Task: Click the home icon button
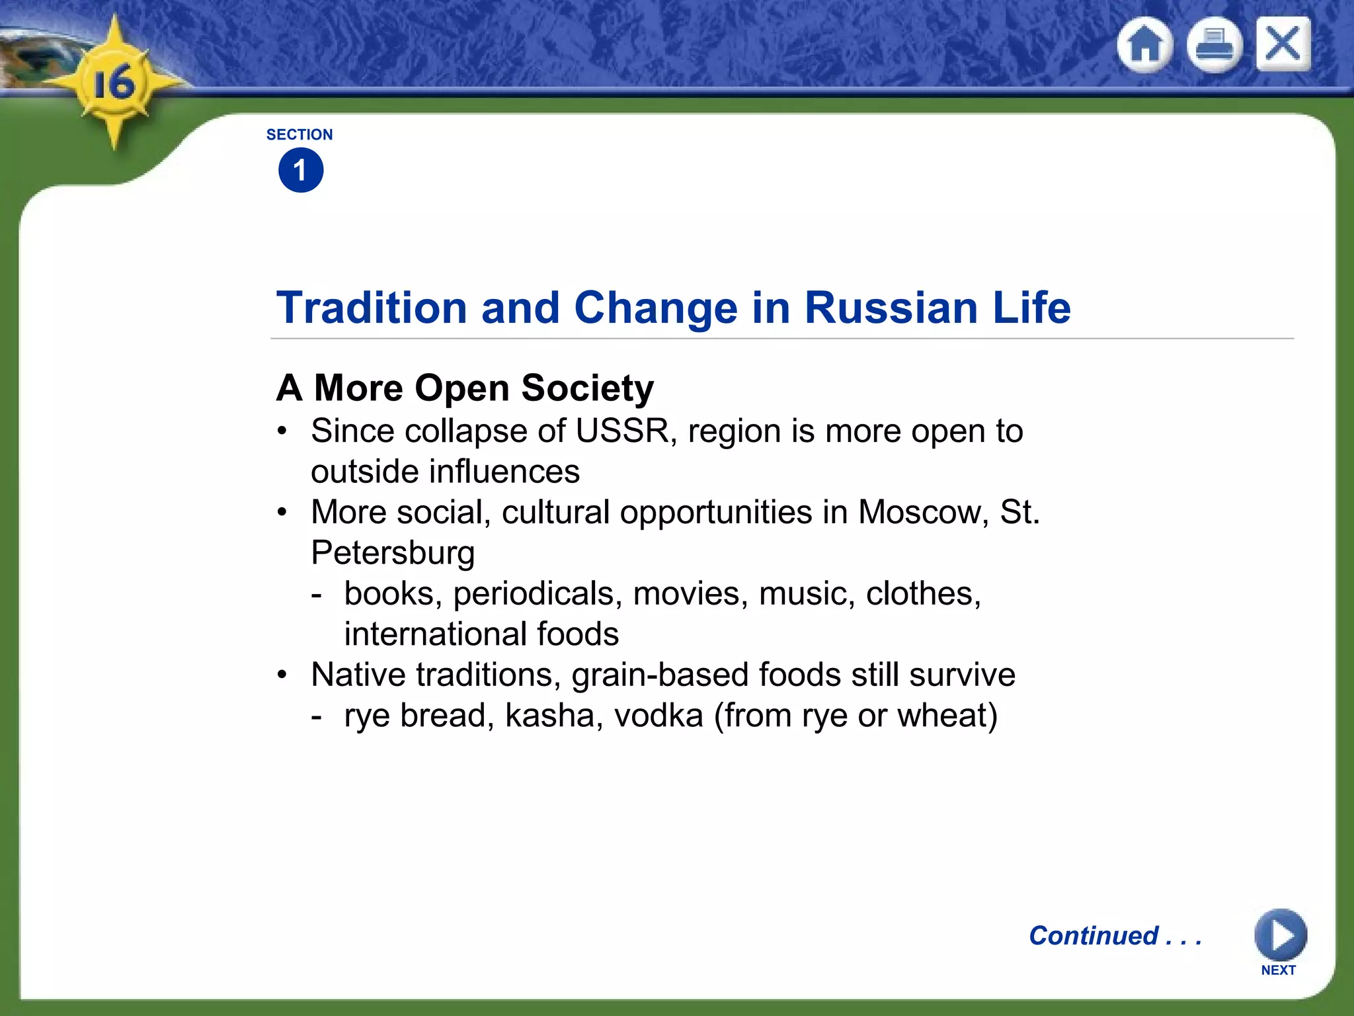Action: click(1144, 45)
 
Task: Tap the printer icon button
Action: click(1214, 45)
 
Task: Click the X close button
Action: click(1283, 44)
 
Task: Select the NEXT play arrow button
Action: click(1280, 935)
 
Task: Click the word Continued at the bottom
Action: click(1094, 936)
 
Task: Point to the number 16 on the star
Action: click(114, 84)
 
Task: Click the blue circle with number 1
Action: click(301, 171)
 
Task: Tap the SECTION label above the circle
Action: click(299, 134)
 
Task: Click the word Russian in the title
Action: click(891, 308)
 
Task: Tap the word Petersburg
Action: click(393, 554)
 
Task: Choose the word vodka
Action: click(658, 716)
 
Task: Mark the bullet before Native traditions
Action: click(282, 675)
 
